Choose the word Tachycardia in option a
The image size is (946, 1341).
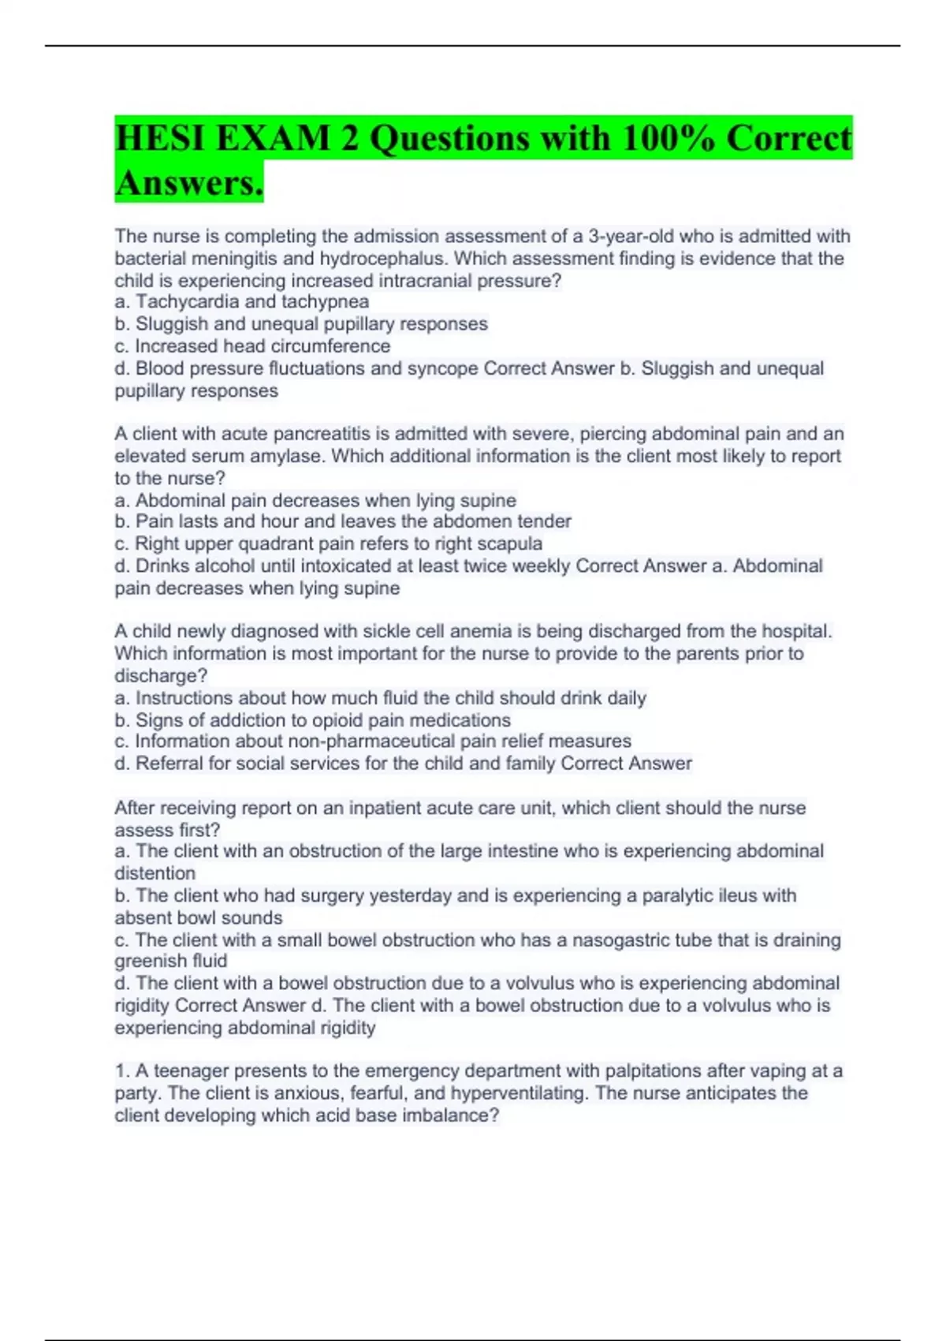coord(185,302)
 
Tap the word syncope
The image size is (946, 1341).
coord(442,368)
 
